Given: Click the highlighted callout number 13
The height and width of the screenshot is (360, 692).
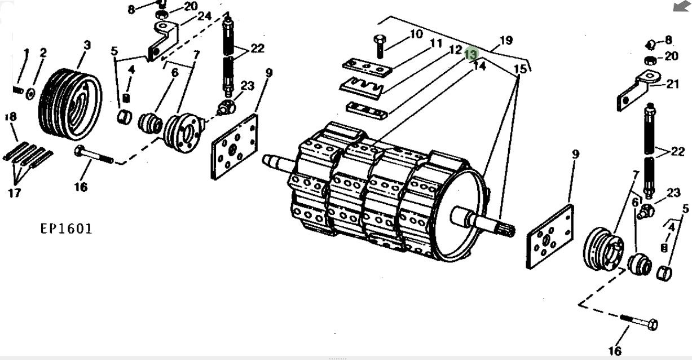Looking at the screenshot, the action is pyautogui.click(x=471, y=54).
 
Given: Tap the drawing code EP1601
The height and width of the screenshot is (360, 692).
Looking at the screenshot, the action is pyautogui.click(x=66, y=229).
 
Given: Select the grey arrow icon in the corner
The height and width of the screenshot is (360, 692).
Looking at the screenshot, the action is pyautogui.click(x=681, y=6).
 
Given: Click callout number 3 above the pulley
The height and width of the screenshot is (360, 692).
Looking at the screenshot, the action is pyautogui.click(x=87, y=45).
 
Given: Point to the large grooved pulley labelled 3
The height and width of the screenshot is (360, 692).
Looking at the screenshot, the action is pyautogui.click(x=70, y=104).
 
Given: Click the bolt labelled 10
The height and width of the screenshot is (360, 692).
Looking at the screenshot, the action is pyautogui.click(x=380, y=46).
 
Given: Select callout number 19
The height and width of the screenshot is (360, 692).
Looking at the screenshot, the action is pyautogui.click(x=506, y=40).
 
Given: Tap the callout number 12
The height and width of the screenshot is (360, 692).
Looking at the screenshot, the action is pyautogui.click(x=455, y=50).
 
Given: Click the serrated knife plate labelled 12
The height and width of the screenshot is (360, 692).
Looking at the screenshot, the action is pyautogui.click(x=362, y=88).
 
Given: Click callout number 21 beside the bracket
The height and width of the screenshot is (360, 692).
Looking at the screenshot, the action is pyautogui.click(x=672, y=84).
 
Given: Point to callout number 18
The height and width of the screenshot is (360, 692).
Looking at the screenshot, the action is pyautogui.click(x=11, y=117).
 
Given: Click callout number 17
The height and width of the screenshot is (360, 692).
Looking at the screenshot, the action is pyautogui.click(x=14, y=193).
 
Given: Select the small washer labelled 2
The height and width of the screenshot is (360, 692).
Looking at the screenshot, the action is pyautogui.click(x=30, y=94).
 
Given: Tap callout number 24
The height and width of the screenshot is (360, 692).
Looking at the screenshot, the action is pyautogui.click(x=204, y=16).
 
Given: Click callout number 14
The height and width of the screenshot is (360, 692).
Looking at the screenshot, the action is pyautogui.click(x=479, y=66).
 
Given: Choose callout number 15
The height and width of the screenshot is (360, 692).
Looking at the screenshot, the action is pyautogui.click(x=520, y=69).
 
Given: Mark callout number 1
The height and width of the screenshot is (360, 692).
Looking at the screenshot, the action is pyautogui.click(x=27, y=53).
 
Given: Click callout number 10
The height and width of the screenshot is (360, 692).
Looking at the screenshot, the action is pyautogui.click(x=416, y=34).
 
